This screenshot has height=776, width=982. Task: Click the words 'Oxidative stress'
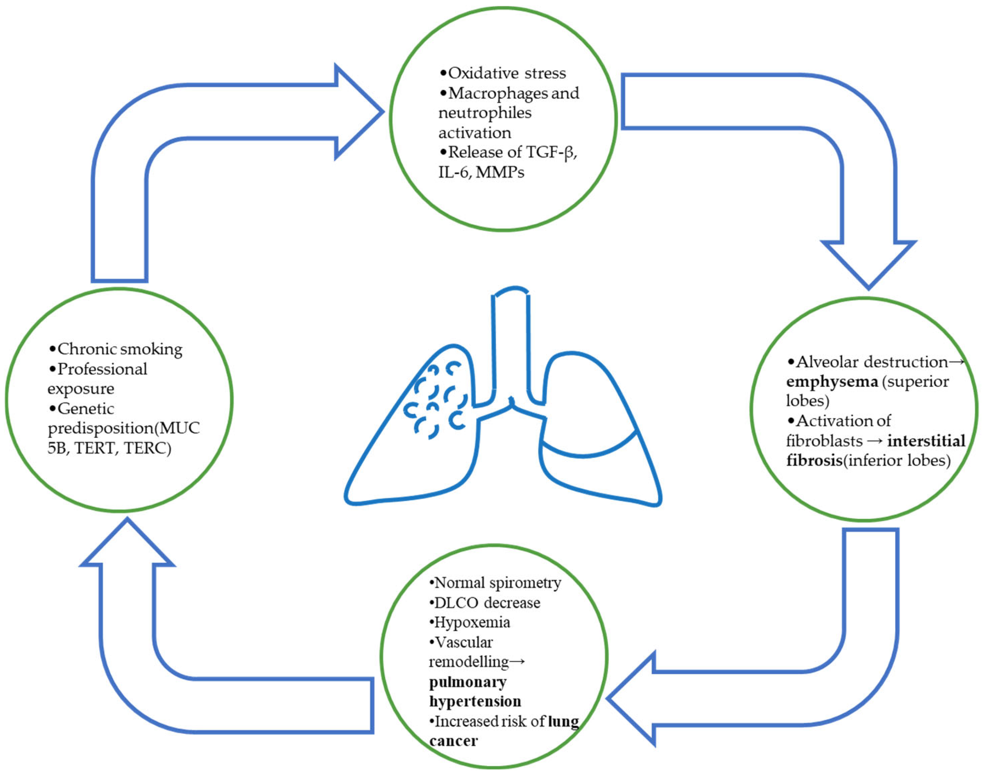pos(507,73)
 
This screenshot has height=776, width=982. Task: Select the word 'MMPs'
pos(500,172)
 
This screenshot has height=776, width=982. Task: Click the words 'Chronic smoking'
pos(119,349)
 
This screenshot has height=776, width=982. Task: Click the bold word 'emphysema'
pos(832,382)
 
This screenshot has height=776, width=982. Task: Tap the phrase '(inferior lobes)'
pos(896,460)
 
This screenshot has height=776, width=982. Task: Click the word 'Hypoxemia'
pos(472,622)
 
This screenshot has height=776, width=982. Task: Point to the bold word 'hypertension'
pos(475,702)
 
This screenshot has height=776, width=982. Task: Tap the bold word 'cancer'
pos(454,741)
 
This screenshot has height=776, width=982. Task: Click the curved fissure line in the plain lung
pos(586,453)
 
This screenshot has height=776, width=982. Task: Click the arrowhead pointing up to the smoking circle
pos(128,545)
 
